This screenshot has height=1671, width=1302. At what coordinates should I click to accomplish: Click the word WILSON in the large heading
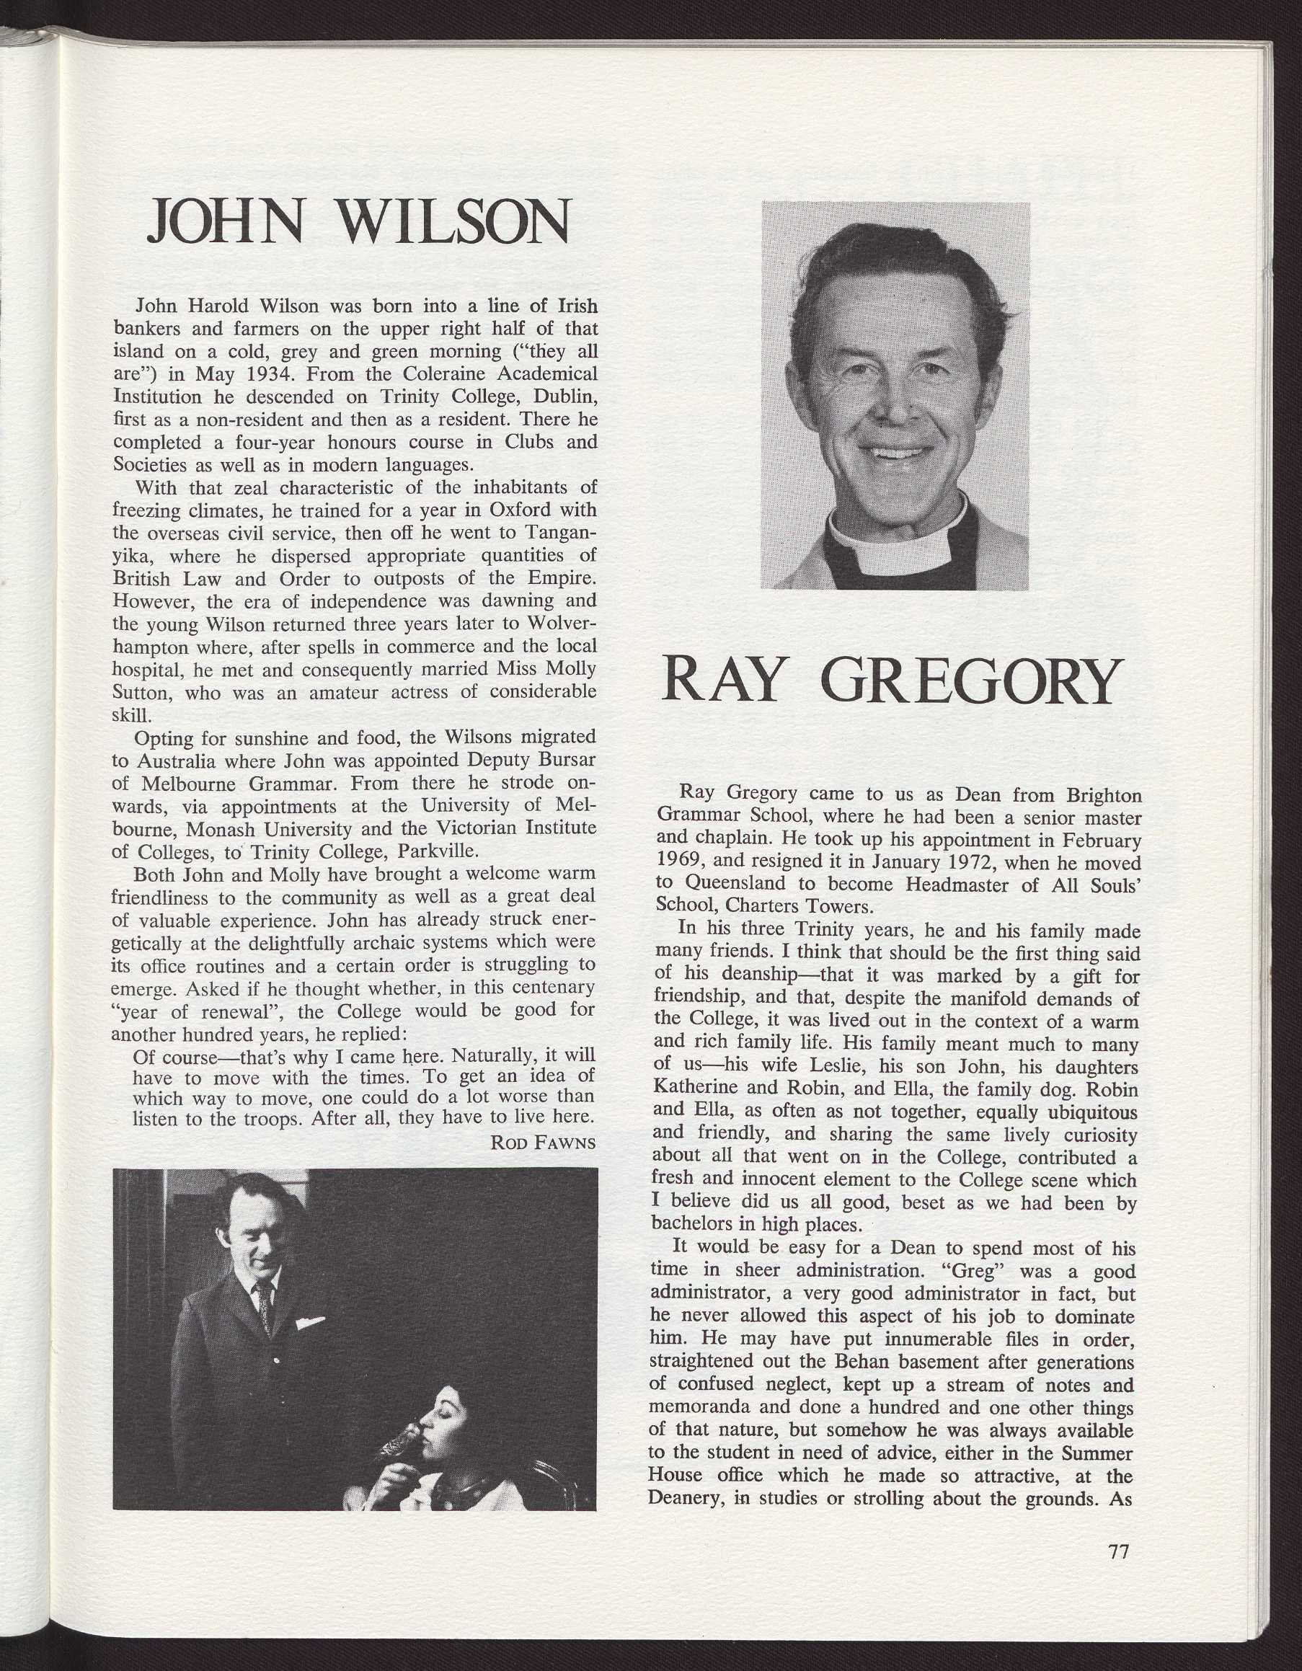click(454, 221)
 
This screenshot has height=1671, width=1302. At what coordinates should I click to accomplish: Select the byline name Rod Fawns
click(542, 1143)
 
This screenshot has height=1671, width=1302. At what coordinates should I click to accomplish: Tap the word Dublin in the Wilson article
click(559, 397)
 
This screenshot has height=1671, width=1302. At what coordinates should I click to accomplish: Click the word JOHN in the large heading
click(227, 221)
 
